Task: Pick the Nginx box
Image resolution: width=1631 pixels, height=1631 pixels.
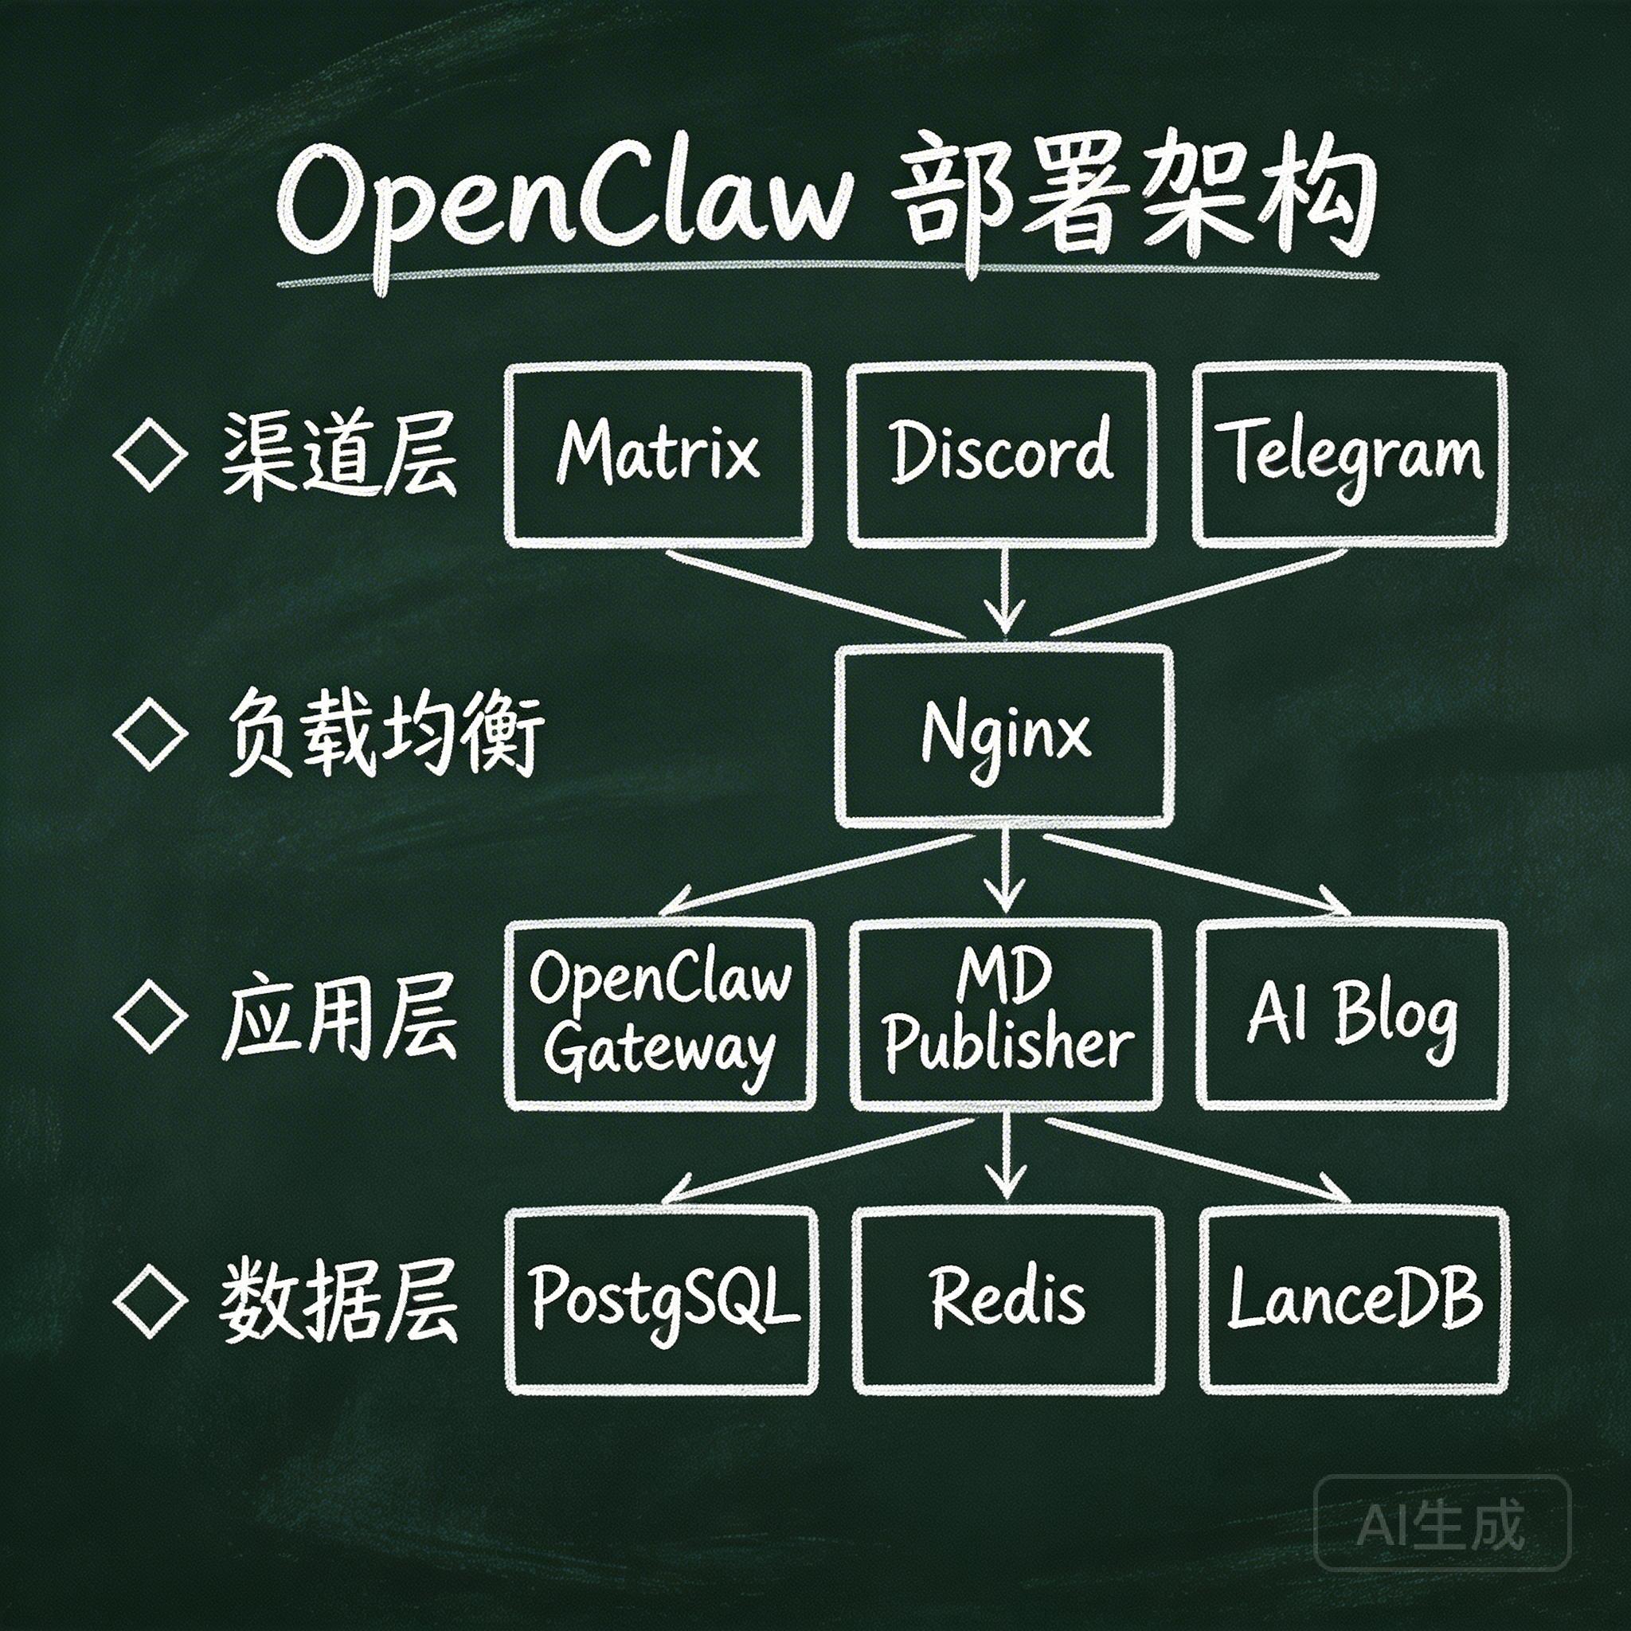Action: coord(1004,734)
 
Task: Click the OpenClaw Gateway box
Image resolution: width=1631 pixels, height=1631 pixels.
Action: coord(660,1014)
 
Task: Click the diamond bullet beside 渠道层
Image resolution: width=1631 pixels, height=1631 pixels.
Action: coord(151,456)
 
